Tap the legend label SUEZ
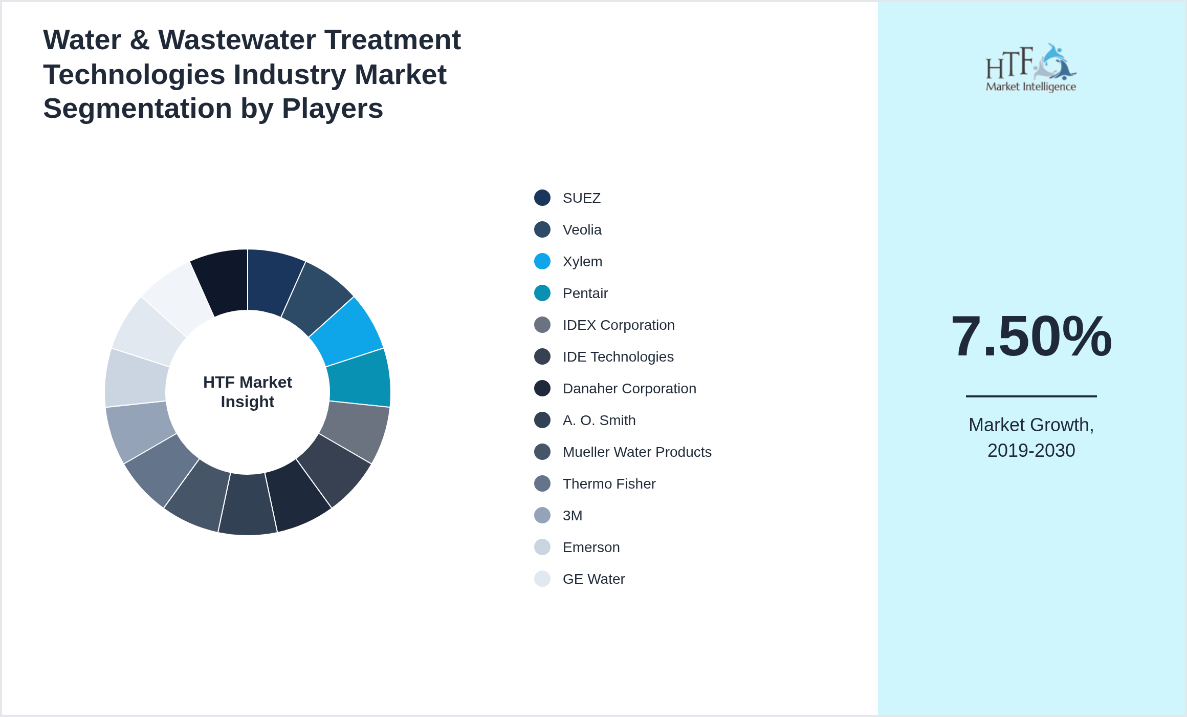[x=582, y=198]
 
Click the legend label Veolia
[x=582, y=230]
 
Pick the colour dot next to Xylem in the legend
[x=542, y=261]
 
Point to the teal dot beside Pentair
[x=542, y=293]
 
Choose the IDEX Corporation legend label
[x=619, y=325]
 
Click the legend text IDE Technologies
[x=618, y=357]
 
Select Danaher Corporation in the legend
[x=629, y=389]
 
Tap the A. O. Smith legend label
[x=599, y=420]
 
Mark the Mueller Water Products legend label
[x=637, y=452]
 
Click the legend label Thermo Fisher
[x=609, y=484]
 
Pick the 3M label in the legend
[x=573, y=516]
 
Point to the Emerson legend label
[x=591, y=547]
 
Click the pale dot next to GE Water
[x=542, y=579]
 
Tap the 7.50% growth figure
[x=1031, y=336]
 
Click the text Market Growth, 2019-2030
[x=1031, y=438]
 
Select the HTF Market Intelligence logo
[x=1031, y=68]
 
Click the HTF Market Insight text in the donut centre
[x=248, y=392]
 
